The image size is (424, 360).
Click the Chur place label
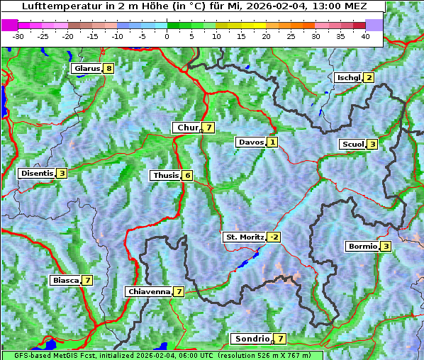[x=187, y=128]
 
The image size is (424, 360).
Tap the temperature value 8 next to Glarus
[x=108, y=69]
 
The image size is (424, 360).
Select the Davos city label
[x=250, y=142]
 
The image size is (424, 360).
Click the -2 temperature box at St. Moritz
[x=274, y=237]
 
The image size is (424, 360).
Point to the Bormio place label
[x=362, y=247]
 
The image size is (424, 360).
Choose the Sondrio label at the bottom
[x=252, y=339]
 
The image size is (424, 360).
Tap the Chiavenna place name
[x=148, y=291]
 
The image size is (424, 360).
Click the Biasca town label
[x=65, y=280]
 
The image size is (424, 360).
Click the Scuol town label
[x=352, y=144]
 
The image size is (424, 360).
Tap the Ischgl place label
[x=348, y=77]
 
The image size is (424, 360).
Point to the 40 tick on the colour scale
[x=366, y=36]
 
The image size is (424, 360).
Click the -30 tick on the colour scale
[x=18, y=36]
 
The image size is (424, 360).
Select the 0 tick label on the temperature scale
[x=167, y=36]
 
